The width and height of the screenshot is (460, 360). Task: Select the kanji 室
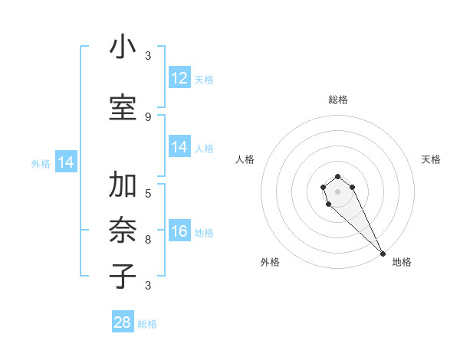click(123, 107)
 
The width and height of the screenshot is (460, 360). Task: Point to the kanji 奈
click(123, 231)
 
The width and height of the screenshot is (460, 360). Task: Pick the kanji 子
click(123, 276)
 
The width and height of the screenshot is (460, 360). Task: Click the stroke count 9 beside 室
click(148, 116)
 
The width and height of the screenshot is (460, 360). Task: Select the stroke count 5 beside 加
click(148, 193)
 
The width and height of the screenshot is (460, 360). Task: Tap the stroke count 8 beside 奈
click(148, 239)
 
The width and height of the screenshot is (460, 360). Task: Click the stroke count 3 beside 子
click(148, 285)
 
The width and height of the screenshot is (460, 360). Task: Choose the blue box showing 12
click(179, 78)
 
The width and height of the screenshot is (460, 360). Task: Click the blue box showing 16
click(179, 231)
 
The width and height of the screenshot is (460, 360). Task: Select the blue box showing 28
click(123, 322)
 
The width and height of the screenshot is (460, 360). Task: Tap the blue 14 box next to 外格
click(66, 162)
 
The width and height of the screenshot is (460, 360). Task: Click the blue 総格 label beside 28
click(147, 324)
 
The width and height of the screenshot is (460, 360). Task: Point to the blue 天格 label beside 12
click(204, 79)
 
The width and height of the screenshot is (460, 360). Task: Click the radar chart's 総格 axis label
click(338, 100)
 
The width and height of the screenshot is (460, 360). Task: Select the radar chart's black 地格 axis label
click(402, 262)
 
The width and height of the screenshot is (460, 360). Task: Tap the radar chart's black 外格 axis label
click(270, 262)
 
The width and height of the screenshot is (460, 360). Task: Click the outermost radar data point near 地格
click(383, 254)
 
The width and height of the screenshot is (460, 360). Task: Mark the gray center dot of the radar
click(337, 191)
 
